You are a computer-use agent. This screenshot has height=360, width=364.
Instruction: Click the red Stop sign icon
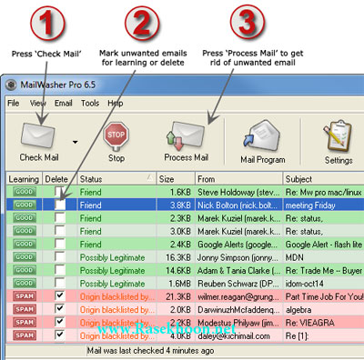pos(116,137)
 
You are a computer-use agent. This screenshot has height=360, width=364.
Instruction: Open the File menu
pos(13,104)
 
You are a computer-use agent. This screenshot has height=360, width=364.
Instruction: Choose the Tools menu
pos(89,104)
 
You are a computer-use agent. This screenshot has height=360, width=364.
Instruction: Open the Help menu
pos(116,104)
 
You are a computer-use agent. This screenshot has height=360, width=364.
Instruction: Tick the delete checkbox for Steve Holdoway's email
pos(60,193)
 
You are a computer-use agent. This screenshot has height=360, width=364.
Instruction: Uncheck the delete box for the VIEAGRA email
pos(60,323)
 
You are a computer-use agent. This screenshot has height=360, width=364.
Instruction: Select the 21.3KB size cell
pos(177,296)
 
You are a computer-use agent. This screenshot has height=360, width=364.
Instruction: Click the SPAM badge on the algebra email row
pos(24,310)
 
